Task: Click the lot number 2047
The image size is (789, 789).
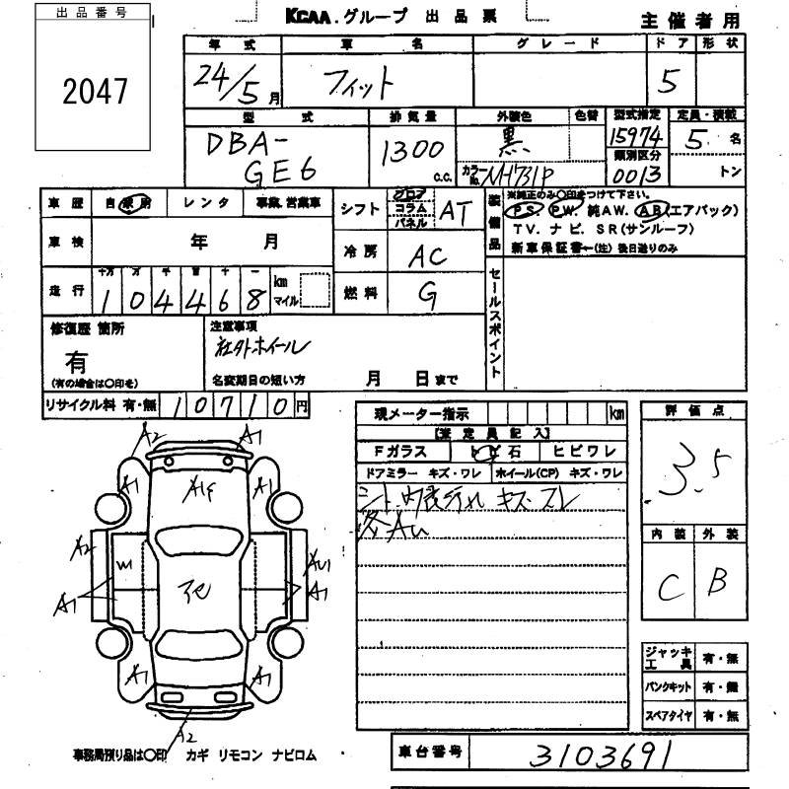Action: point(97,92)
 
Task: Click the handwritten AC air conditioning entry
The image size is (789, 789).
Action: point(429,254)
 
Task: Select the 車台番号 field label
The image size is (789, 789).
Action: point(428,753)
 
